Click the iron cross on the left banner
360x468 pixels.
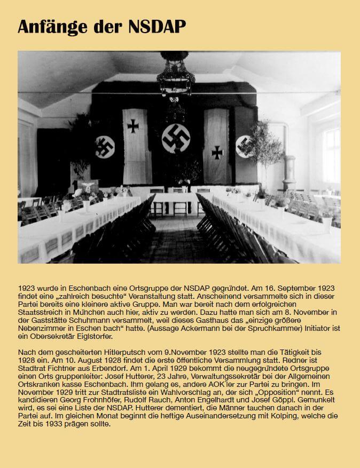point(133,126)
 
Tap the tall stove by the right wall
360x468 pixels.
point(292,173)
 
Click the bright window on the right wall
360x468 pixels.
point(331,155)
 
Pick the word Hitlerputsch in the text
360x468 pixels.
point(134,353)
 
